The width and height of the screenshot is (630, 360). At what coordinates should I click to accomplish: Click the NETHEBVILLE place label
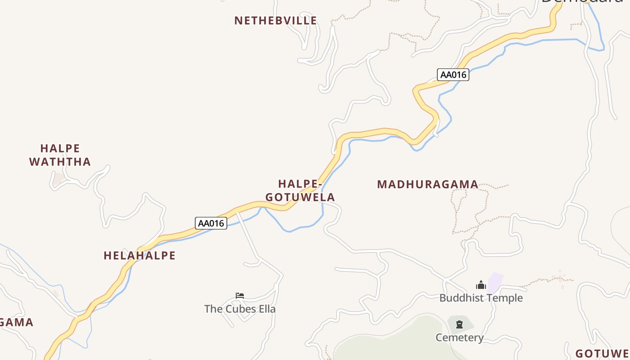[275, 21]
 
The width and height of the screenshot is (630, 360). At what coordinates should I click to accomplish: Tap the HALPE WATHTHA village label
[60, 155]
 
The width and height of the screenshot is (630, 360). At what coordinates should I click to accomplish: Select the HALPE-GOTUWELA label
[300, 190]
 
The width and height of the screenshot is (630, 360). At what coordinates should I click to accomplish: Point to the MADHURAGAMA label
[427, 184]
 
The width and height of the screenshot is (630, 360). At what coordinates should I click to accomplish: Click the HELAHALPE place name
[139, 256]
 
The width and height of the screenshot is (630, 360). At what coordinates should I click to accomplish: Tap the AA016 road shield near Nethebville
[453, 75]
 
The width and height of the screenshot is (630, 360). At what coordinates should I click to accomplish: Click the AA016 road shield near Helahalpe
[211, 223]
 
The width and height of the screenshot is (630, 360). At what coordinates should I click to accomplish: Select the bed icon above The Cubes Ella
[240, 296]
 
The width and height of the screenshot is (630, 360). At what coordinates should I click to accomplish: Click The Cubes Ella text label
[240, 309]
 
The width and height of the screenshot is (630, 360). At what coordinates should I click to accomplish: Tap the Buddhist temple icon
[481, 285]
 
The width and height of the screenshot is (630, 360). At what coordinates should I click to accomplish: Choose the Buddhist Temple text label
[481, 298]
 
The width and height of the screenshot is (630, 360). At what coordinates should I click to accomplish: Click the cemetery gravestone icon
[459, 324]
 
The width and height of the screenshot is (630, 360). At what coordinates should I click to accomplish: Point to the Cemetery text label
[459, 337]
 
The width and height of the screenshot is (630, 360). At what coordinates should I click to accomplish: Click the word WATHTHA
[60, 162]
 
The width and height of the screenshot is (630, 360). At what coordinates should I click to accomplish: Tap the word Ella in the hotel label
[267, 309]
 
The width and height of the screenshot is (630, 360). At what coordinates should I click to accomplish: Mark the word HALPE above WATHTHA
[60, 148]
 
